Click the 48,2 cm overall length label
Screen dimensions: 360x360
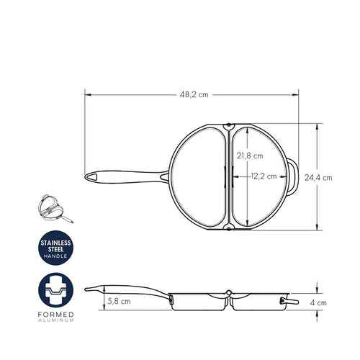194,95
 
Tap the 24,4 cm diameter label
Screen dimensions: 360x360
318,178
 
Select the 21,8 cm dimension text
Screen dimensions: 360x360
250,156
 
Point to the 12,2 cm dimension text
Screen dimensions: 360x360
264,176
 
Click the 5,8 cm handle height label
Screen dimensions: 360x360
119,301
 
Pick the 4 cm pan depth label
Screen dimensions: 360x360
318,303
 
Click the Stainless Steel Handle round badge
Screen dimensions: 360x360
55,248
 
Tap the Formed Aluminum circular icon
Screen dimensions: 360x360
55,290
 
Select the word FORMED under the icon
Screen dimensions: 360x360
55,315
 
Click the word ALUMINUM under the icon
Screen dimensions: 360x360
55,320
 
